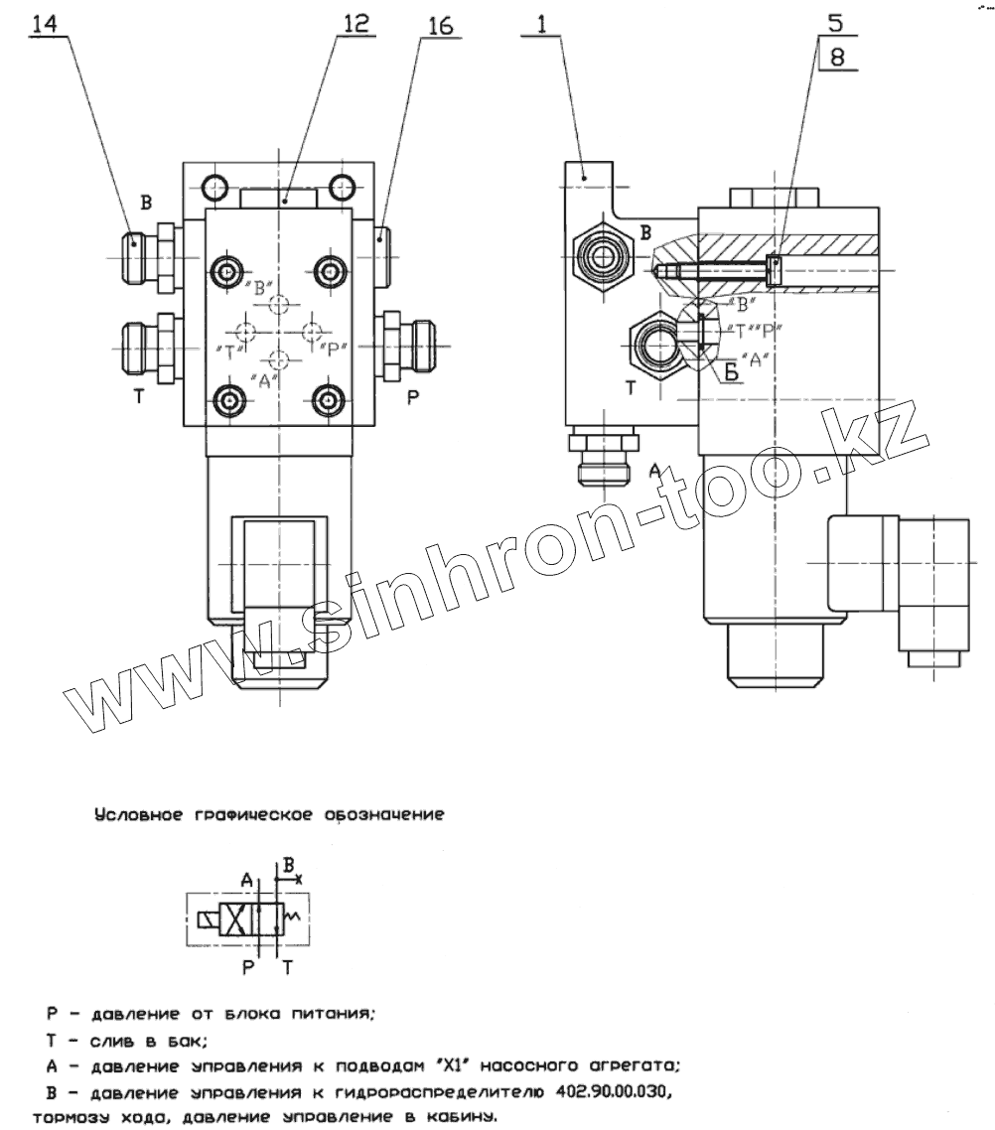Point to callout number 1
pos(541,25)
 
